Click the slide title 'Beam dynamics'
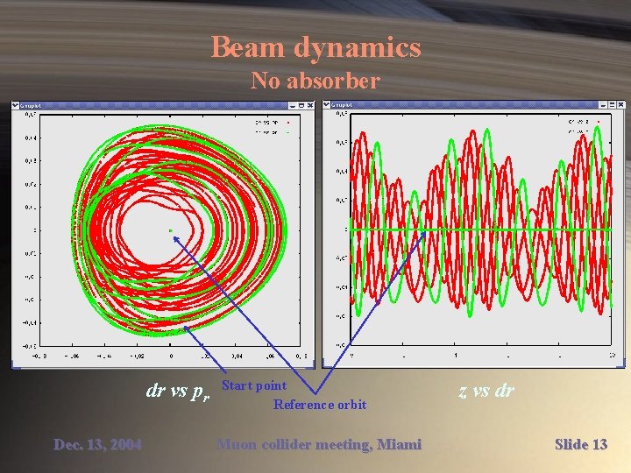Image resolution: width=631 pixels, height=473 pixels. (x=315, y=47)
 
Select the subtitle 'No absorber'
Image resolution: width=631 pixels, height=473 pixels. (x=315, y=81)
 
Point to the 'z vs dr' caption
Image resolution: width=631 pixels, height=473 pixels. (x=486, y=391)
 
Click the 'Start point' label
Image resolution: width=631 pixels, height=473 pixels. (x=254, y=385)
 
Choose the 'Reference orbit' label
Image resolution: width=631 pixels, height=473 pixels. (x=320, y=404)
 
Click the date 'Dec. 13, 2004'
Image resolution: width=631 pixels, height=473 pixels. (x=97, y=445)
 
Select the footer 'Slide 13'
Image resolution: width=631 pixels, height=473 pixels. (x=581, y=445)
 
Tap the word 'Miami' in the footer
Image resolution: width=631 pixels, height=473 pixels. (x=399, y=445)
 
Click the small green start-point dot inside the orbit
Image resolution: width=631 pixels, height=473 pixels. (x=171, y=230)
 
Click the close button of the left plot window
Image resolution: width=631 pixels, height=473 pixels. (x=310, y=105)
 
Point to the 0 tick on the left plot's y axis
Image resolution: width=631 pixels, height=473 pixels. (x=35, y=230)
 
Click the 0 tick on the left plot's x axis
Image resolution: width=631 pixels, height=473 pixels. (x=171, y=357)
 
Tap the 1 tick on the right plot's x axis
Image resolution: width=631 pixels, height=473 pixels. (x=455, y=356)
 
